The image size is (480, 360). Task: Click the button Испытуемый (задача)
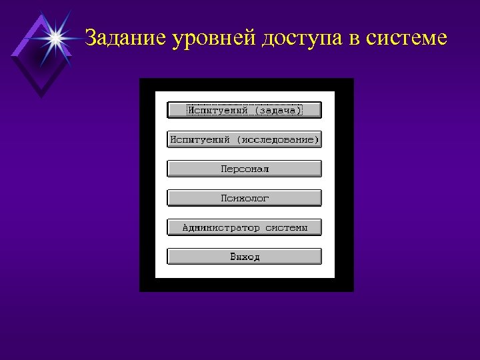(244, 110)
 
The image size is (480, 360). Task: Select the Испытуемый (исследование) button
(244, 139)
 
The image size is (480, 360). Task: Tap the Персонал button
(244, 169)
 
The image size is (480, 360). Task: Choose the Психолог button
(244, 198)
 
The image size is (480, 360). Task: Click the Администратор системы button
(244, 227)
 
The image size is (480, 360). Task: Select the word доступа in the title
(302, 39)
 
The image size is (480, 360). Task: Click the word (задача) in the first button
(279, 110)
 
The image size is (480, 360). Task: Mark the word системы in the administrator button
(287, 227)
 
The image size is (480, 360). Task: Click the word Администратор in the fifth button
(221, 227)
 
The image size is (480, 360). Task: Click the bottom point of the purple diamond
(41, 97)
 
